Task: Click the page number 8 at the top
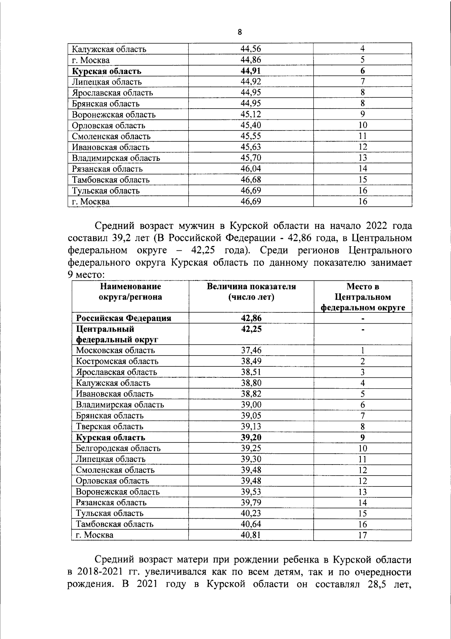pyautogui.click(x=240, y=32)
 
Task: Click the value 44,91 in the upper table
pyautogui.click(x=251, y=71)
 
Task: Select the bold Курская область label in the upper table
pyautogui.click(x=107, y=71)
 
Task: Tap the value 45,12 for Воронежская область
pyautogui.click(x=251, y=114)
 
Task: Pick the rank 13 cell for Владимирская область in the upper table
pyautogui.click(x=362, y=158)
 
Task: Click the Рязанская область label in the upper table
pyautogui.click(x=107, y=169)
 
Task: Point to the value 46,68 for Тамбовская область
pyautogui.click(x=251, y=180)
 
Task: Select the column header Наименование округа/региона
pyautogui.click(x=130, y=292)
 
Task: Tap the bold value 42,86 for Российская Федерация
pyautogui.click(x=251, y=318)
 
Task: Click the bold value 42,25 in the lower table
pyautogui.click(x=251, y=329)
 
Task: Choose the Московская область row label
pyautogui.click(x=115, y=350)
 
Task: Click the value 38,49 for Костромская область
pyautogui.click(x=251, y=361)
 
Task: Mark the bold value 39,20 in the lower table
pyautogui.click(x=251, y=438)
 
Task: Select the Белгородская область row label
pyautogui.click(x=118, y=448)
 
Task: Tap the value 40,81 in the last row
pyautogui.click(x=251, y=535)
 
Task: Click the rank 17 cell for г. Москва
pyautogui.click(x=362, y=535)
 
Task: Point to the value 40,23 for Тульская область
pyautogui.click(x=251, y=513)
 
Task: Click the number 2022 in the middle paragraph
pyautogui.click(x=377, y=226)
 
